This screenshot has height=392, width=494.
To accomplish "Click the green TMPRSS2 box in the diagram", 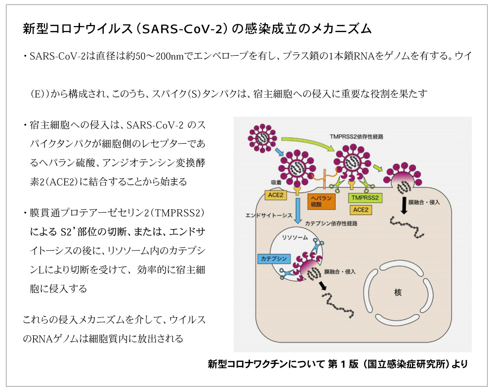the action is tap(365, 198).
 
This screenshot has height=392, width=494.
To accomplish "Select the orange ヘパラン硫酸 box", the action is tap(322, 201).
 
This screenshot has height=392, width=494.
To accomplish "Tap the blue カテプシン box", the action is tap(274, 259).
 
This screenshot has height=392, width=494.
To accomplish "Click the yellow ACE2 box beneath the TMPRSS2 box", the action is tap(361, 210).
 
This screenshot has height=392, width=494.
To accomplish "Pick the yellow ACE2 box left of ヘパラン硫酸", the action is tap(276, 195).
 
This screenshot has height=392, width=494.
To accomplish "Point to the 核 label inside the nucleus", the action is tap(398, 292).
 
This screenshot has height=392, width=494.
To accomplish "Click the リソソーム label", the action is tap(295, 237).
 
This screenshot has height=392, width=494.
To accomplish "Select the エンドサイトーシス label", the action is tap(269, 215).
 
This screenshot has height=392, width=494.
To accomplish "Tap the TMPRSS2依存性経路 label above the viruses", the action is tap(356, 137).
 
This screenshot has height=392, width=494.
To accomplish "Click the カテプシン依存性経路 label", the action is tap(331, 223).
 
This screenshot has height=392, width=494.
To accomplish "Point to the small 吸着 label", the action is tap(276, 182).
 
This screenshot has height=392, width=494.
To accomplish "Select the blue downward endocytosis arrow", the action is tap(298, 210).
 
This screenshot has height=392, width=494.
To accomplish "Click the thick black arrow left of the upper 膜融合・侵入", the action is tap(404, 205).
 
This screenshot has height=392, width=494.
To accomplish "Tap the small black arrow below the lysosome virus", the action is tap(322, 285).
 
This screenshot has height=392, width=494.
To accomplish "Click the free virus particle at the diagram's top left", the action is tap(262, 138).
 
